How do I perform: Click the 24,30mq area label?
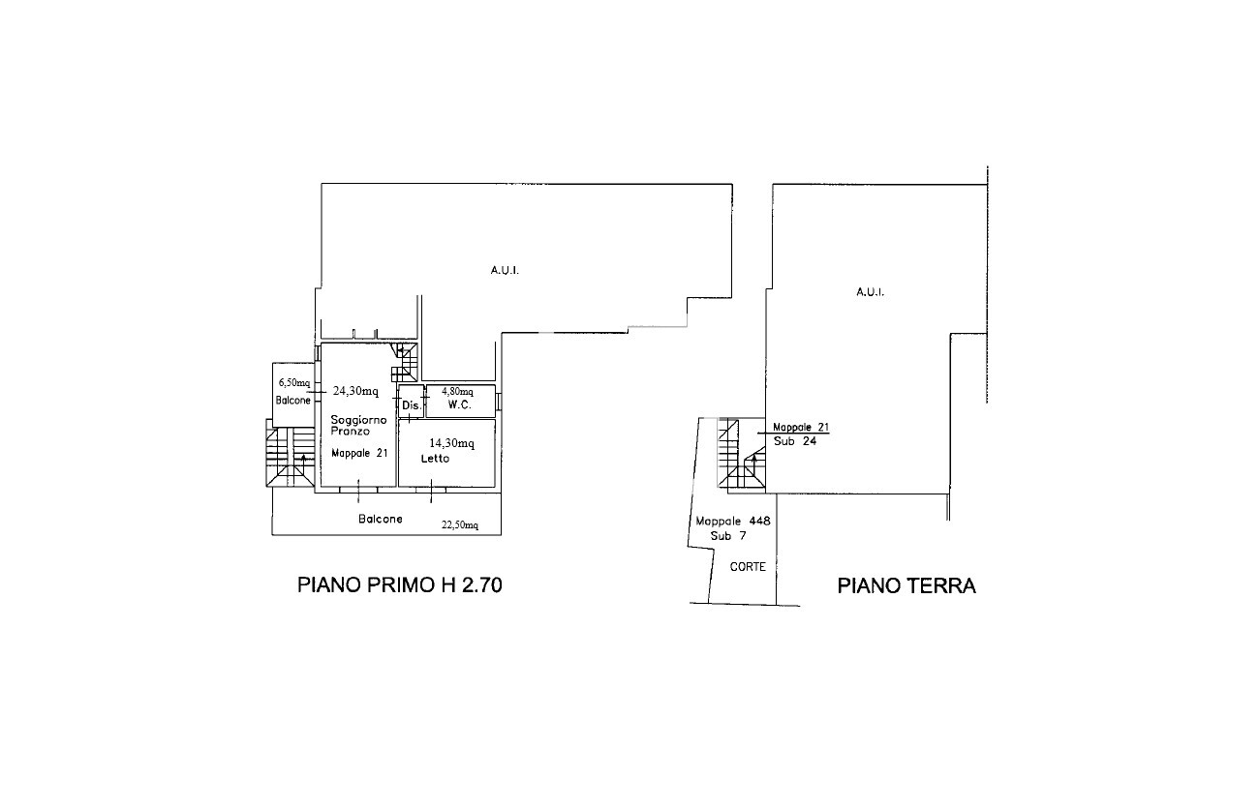pyautogui.click(x=355, y=391)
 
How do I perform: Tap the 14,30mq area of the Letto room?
pyautogui.click(x=451, y=443)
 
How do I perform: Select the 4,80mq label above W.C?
pyautogui.click(x=457, y=391)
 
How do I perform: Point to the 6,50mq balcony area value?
pyautogui.click(x=294, y=382)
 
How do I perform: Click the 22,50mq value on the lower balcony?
pyautogui.click(x=460, y=525)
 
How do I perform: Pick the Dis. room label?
pyautogui.click(x=412, y=404)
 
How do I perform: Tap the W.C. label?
pyautogui.click(x=460, y=404)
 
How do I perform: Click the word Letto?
pyautogui.click(x=435, y=458)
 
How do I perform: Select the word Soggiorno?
pyautogui.click(x=358, y=420)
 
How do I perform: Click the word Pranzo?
pyautogui.click(x=351, y=432)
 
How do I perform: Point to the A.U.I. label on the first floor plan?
pyautogui.click(x=505, y=270)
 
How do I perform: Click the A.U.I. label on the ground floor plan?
pyautogui.click(x=870, y=292)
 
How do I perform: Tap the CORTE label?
pyautogui.click(x=748, y=566)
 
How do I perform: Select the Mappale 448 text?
pyautogui.click(x=733, y=521)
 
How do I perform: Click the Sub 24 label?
pyautogui.click(x=795, y=441)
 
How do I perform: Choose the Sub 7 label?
pyautogui.click(x=728, y=536)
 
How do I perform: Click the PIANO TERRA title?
pyautogui.click(x=906, y=585)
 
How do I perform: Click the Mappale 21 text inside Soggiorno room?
pyautogui.click(x=359, y=453)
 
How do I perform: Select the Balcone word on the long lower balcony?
pyautogui.click(x=381, y=519)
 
